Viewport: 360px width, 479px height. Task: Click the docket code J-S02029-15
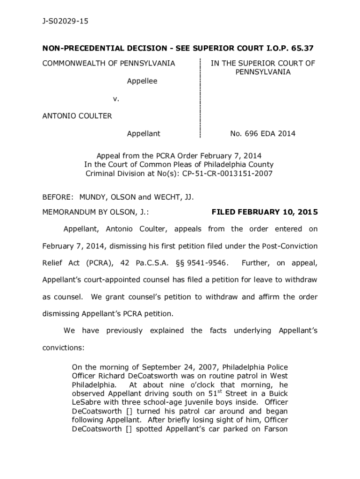tap(65, 22)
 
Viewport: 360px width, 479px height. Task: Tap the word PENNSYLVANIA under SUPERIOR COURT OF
tap(263, 72)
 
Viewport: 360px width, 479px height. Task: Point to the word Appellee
tap(142, 81)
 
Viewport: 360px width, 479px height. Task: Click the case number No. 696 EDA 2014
tap(263, 134)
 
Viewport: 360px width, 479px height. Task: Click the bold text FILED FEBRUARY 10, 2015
tap(265, 212)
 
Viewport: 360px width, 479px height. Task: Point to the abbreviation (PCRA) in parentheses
tap(99, 263)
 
